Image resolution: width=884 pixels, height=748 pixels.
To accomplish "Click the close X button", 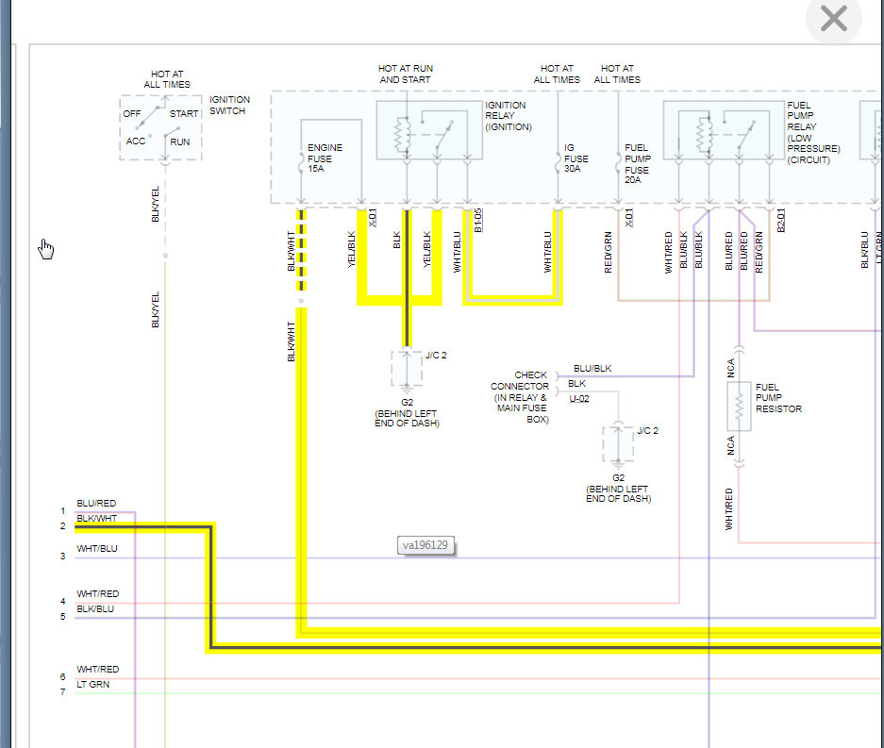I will pyautogui.click(x=834, y=19).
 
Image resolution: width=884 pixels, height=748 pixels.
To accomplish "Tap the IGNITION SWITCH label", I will pyautogui.click(x=228, y=105).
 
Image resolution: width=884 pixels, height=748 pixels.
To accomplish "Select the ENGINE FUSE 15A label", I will pyautogui.click(x=325, y=158).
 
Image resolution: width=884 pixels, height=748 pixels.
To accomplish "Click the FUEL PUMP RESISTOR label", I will pyautogui.click(x=778, y=398).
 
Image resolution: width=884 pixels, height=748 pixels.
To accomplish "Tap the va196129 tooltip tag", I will pyautogui.click(x=425, y=545).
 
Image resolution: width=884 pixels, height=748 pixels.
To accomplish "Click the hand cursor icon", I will pyautogui.click(x=46, y=248).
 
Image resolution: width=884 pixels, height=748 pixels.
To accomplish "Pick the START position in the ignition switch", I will pyautogui.click(x=183, y=114).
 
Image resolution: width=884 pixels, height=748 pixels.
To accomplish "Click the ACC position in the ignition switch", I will pyautogui.click(x=136, y=141).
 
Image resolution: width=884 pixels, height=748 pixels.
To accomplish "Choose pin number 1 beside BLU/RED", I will pyautogui.click(x=63, y=511).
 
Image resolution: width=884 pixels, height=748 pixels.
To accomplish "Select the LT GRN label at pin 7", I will pyautogui.click(x=92, y=684).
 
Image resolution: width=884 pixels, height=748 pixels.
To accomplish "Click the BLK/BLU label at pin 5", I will pyautogui.click(x=95, y=608).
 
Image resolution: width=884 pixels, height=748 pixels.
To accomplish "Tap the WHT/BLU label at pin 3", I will pyautogui.click(x=97, y=548).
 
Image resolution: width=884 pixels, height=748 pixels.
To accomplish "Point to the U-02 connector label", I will pyautogui.click(x=579, y=398).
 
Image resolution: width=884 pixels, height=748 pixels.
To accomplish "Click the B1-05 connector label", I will pyautogui.click(x=478, y=219).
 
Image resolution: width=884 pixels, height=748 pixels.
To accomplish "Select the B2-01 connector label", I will pyautogui.click(x=780, y=219).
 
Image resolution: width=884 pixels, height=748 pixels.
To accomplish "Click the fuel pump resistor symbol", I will pyautogui.click(x=740, y=406).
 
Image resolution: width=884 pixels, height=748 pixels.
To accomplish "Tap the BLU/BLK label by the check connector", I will pyautogui.click(x=592, y=369).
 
